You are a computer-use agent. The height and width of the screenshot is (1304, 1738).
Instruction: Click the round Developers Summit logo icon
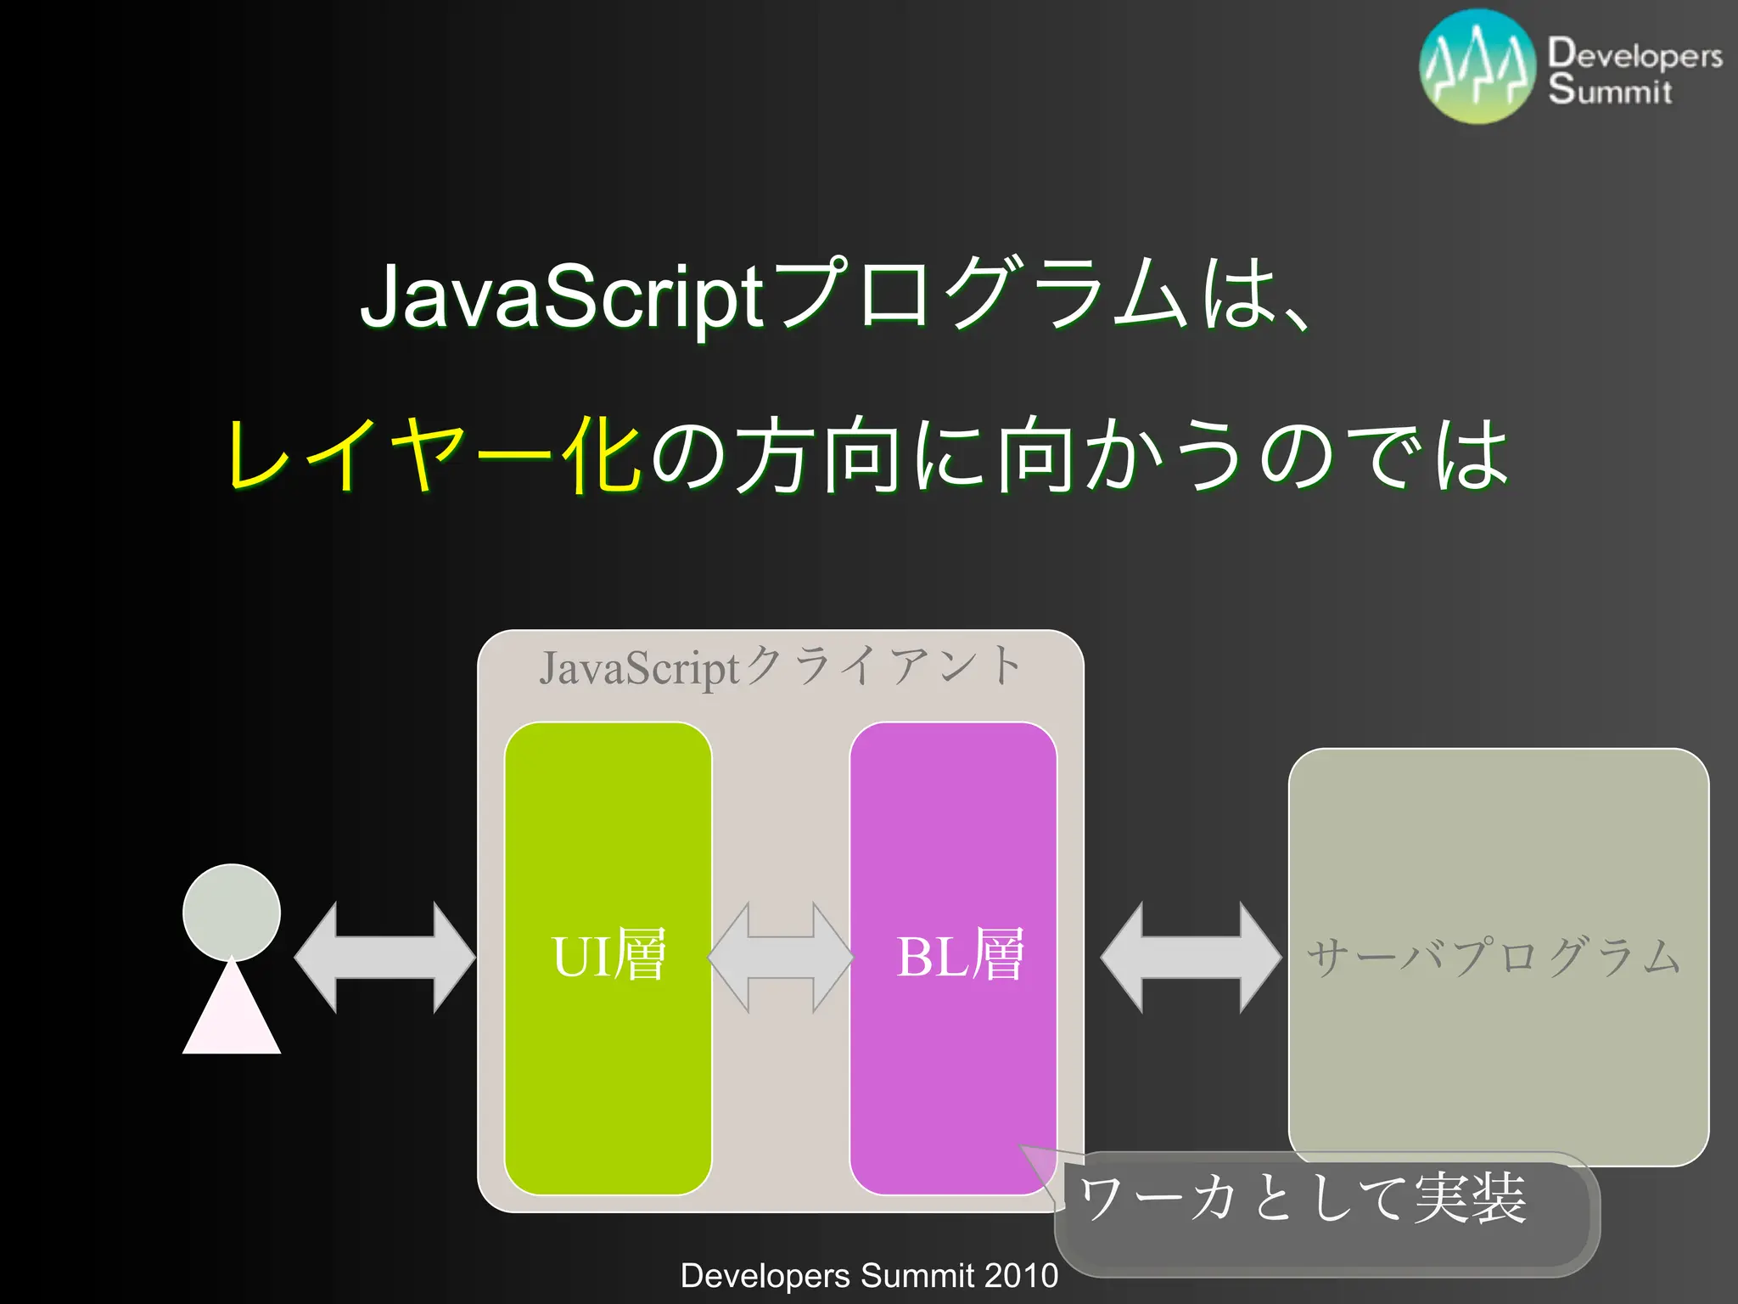click(1477, 67)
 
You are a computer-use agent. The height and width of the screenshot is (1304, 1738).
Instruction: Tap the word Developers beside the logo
click(1634, 53)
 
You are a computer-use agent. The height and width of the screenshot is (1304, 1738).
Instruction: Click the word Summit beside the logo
click(1609, 89)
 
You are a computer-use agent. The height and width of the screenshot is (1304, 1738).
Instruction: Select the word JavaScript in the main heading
click(563, 297)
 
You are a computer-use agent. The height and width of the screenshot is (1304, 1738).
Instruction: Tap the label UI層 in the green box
click(608, 956)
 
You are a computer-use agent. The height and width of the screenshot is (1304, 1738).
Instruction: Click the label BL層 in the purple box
click(960, 956)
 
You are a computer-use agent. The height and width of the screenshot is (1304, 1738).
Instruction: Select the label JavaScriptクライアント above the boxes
click(780, 666)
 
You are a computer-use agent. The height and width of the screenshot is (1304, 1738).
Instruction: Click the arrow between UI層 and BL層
click(781, 958)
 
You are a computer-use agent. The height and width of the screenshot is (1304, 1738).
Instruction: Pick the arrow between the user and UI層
click(384, 958)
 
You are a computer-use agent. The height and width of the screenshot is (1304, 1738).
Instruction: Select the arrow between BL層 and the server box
click(1191, 958)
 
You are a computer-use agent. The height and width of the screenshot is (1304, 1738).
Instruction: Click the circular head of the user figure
click(232, 912)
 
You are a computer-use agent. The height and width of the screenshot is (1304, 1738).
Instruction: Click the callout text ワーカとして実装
click(1303, 1199)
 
